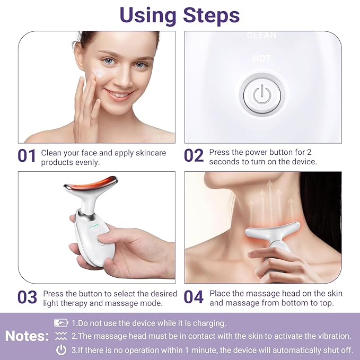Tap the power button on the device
pyautogui.click(x=262, y=95)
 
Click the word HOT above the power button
pyautogui.click(x=262, y=58)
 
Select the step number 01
pyautogui.click(x=27, y=156)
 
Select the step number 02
pyautogui.click(x=194, y=156)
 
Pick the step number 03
pyautogui.click(x=27, y=297)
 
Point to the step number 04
pyautogui.click(x=194, y=297)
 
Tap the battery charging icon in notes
pyautogui.click(x=61, y=323)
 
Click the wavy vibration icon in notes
pyautogui.click(x=61, y=336)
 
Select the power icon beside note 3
pyautogui.click(x=61, y=349)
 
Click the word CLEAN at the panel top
pyautogui.click(x=262, y=36)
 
